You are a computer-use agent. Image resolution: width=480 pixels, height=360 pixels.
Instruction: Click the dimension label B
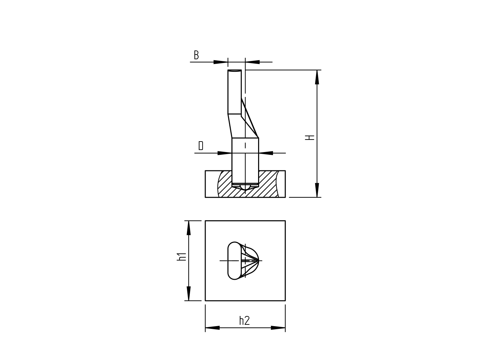(x=196, y=55)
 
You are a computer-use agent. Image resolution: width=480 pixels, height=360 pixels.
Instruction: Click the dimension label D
(x=201, y=146)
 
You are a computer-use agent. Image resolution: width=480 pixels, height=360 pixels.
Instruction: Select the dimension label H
(x=310, y=137)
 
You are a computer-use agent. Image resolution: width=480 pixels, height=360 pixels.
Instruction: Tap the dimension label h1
(x=182, y=256)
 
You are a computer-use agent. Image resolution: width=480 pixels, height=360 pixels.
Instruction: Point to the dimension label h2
(x=244, y=321)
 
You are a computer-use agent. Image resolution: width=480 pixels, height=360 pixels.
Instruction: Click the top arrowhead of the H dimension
(x=317, y=77)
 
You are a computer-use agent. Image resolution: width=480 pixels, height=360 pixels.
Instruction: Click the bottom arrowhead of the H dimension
(x=317, y=190)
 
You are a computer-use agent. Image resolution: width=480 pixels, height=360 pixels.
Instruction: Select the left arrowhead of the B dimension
(x=221, y=62)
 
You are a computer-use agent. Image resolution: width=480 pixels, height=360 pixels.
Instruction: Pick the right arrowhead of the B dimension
(x=253, y=62)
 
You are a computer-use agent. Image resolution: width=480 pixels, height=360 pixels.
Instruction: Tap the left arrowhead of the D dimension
(x=225, y=153)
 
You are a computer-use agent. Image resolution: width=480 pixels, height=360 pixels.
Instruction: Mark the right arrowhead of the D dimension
(x=266, y=153)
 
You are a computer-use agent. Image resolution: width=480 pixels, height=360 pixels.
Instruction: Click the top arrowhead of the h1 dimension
(x=189, y=228)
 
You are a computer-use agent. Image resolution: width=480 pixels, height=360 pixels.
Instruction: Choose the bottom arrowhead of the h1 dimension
(x=189, y=293)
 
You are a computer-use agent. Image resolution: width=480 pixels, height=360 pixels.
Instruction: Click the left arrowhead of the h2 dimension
(x=212, y=328)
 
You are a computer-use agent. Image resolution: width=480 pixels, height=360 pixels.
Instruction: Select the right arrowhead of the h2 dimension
(x=278, y=328)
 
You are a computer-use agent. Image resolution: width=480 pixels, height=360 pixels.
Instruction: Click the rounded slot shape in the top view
(x=234, y=261)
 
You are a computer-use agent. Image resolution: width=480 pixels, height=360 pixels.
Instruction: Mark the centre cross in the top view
(x=245, y=261)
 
